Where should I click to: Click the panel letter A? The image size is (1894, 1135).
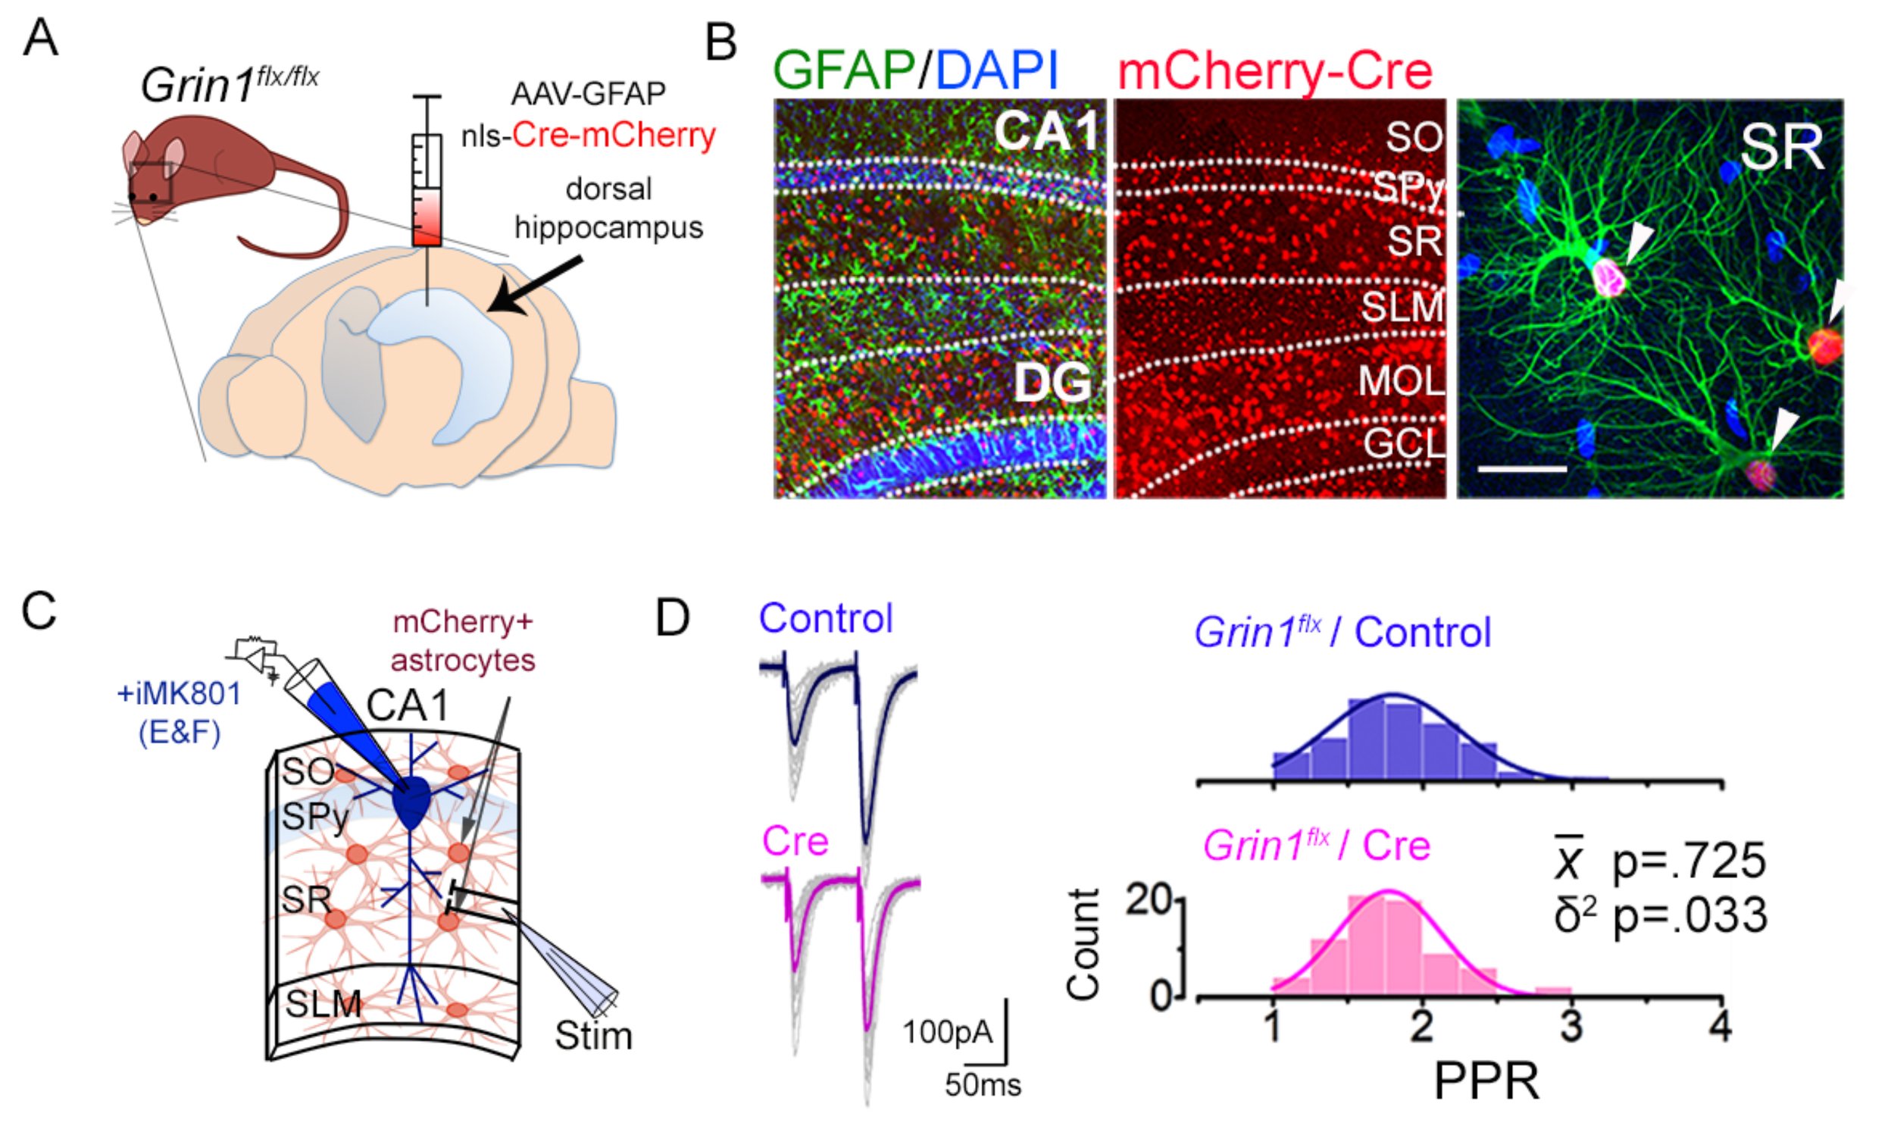[x=39, y=38]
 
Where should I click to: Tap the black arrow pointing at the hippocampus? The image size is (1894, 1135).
[x=535, y=286]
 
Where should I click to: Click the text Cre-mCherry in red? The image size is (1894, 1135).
[x=613, y=136]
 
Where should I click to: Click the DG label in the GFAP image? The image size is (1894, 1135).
[x=1052, y=383]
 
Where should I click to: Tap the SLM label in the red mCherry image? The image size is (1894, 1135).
[x=1402, y=307]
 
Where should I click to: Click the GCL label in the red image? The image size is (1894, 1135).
[x=1404, y=442]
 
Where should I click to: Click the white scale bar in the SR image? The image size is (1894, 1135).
[x=1521, y=468]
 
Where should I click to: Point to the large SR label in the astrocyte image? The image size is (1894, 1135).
[x=1781, y=148]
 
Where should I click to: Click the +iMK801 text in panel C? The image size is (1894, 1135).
[x=178, y=694]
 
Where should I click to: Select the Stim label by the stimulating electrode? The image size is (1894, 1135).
[x=593, y=1036]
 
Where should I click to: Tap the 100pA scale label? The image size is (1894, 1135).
[x=946, y=1032]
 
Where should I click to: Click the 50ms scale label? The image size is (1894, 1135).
[x=982, y=1084]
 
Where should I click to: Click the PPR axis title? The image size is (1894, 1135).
[x=1486, y=1081]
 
